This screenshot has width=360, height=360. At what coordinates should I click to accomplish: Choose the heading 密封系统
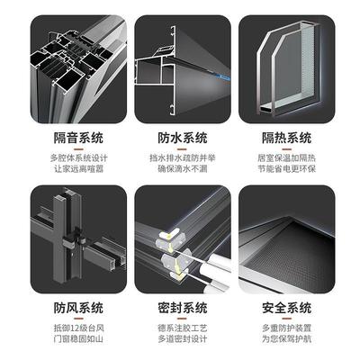(181, 307)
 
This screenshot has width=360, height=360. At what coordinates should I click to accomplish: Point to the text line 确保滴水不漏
(181, 166)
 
